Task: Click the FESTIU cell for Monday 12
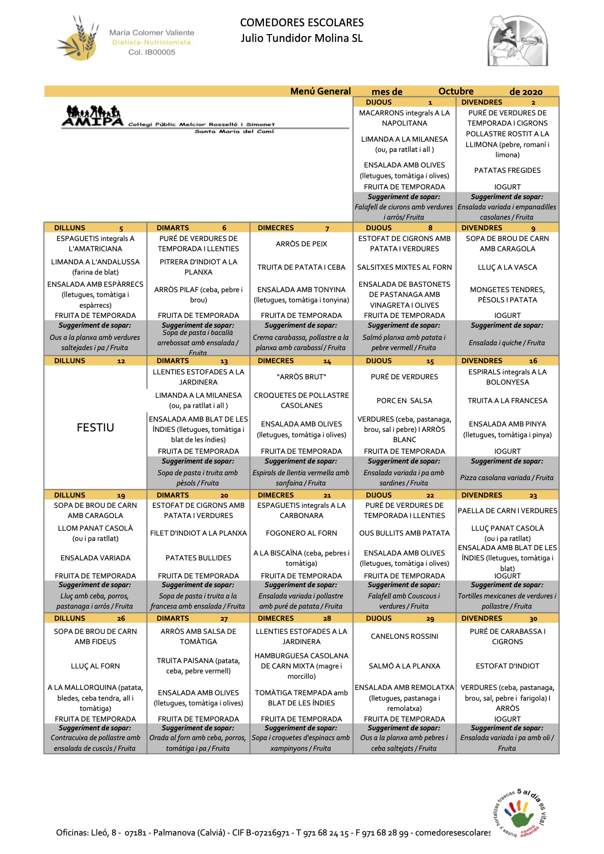[95, 427]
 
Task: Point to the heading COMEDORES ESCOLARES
[302, 23]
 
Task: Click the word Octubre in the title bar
[455, 92]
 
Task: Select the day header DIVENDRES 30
[507, 618]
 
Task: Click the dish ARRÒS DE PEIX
[302, 244]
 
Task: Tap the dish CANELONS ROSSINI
[404, 636]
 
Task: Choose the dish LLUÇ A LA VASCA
[507, 267]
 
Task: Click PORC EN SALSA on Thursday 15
[404, 401]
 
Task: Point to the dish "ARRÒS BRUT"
[302, 377]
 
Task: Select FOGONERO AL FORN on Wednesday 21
[302, 533]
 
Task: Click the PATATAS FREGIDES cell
[507, 170]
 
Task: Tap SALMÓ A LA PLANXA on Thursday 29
[404, 666]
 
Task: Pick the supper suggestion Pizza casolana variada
[507, 478]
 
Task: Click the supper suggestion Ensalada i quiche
[507, 343]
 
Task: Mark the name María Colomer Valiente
[151, 33]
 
